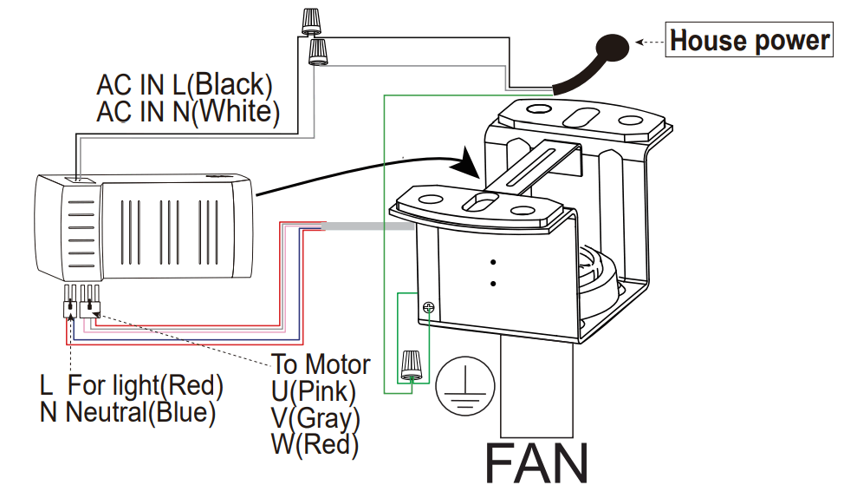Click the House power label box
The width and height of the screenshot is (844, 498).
coord(750,41)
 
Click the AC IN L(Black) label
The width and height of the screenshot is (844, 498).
coord(185,85)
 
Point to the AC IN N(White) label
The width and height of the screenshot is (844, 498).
coord(188,112)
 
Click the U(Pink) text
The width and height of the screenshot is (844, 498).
coord(314,391)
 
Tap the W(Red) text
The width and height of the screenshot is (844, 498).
coord(315,445)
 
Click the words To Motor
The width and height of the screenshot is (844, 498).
coord(321,364)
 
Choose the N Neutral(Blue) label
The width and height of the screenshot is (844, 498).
coord(127,412)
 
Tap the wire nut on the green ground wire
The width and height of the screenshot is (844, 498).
coord(412,364)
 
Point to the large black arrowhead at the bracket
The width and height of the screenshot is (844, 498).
coord(469,163)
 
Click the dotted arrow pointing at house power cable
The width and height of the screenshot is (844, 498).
coord(650,41)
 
